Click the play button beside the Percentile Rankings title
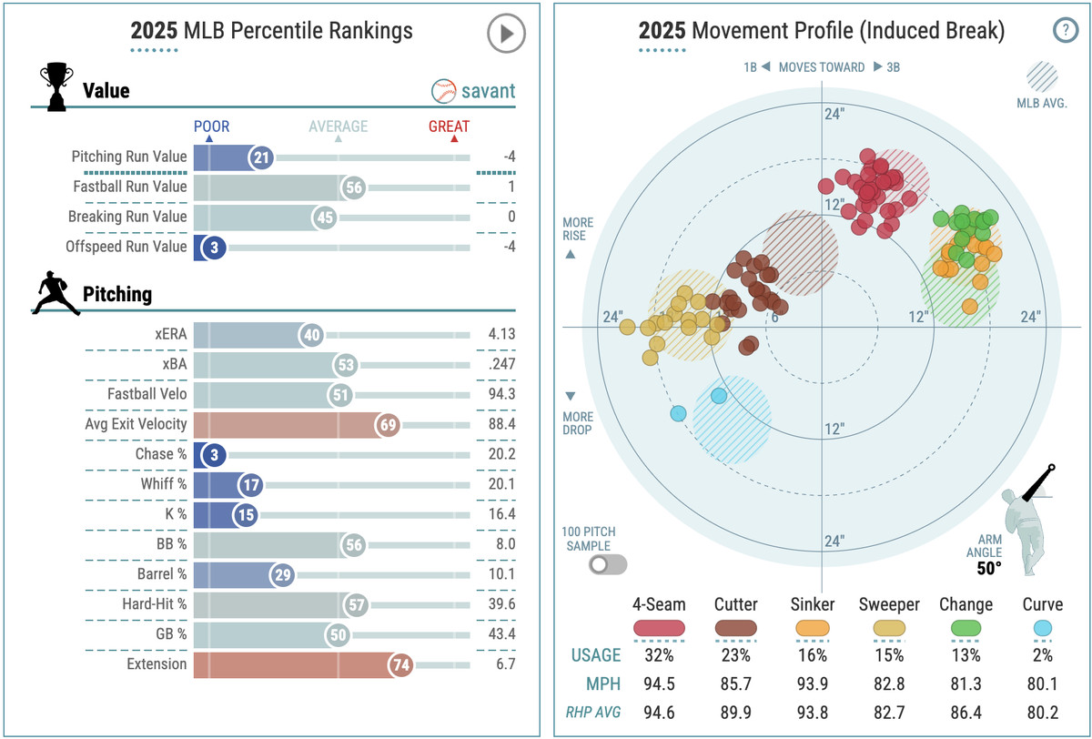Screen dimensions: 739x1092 pyautogui.click(x=506, y=35)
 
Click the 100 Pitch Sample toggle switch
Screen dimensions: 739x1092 pyautogui.click(x=608, y=564)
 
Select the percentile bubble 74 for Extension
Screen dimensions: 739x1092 pyautogui.click(x=401, y=664)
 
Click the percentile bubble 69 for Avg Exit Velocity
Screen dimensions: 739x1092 pyautogui.click(x=387, y=424)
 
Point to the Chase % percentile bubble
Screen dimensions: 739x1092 pyautogui.click(x=213, y=454)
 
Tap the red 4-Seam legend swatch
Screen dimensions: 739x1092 pyautogui.click(x=658, y=628)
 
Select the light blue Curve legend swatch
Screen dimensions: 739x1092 pyautogui.click(x=1042, y=628)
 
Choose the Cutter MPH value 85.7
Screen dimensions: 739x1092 pyautogui.click(x=735, y=683)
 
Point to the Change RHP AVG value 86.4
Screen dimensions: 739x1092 pyautogui.click(x=966, y=712)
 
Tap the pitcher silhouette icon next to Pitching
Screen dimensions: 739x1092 pyautogui.click(x=56, y=293)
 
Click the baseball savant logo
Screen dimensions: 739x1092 pyautogui.click(x=473, y=91)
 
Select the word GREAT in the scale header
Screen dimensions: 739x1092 pyautogui.click(x=449, y=127)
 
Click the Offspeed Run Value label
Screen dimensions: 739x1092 pyautogui.click(x=126, y=247)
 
